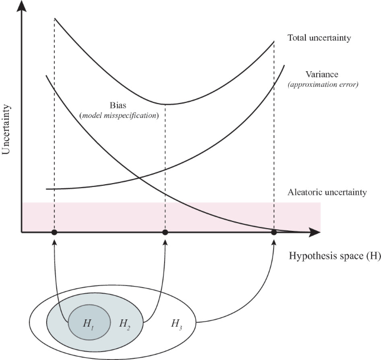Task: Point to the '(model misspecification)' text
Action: pos(118,115)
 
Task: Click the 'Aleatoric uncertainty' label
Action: pos(327,193)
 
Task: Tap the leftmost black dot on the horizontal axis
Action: pos(55,232)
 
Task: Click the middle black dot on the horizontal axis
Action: pos(165,232)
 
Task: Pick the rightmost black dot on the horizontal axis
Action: pos(274,232)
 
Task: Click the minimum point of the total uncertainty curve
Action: pos(165,104)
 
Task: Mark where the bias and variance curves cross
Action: pos(137,179)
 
